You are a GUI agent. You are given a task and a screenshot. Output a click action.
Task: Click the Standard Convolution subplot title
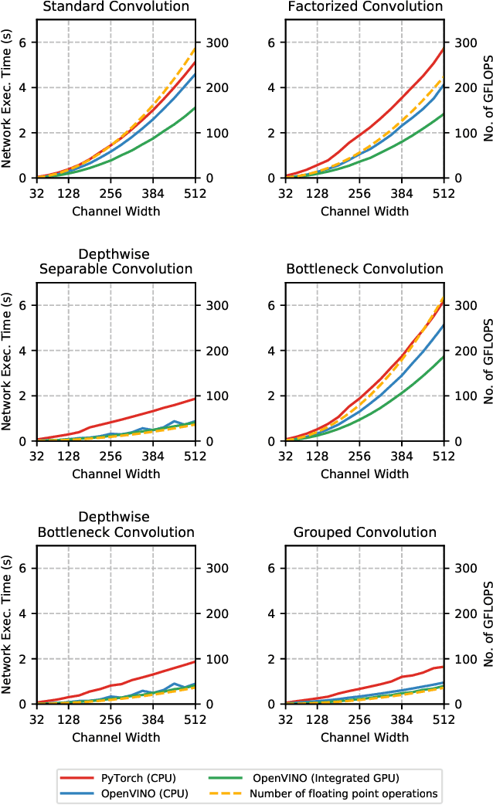point(116,7)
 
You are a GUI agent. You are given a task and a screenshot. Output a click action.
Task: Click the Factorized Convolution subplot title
point(364,7)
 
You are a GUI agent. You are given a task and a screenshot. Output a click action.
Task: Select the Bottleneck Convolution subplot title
point(364,269)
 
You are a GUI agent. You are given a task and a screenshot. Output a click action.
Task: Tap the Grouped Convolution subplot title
point(364,532)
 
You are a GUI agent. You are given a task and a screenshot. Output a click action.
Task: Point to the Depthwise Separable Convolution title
point(116,262)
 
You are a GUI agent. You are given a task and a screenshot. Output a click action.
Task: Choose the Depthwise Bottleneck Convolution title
point(116,525)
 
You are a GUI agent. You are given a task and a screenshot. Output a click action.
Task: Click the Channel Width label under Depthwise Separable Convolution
point(116,473)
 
